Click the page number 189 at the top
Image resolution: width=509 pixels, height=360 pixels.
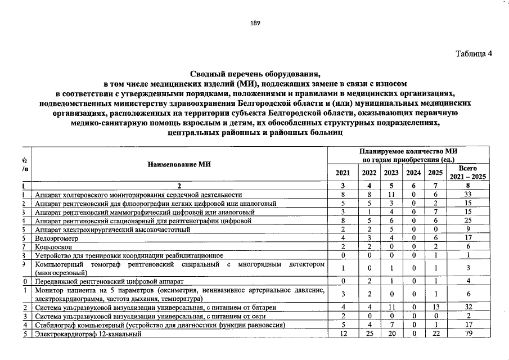254,23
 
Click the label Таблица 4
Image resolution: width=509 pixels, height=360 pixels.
473,54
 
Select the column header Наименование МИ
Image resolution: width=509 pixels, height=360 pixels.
179,164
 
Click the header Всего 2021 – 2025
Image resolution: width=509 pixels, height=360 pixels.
468,173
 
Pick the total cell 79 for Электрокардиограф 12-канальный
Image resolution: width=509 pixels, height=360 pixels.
468,334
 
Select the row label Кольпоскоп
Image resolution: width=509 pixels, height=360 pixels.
52,247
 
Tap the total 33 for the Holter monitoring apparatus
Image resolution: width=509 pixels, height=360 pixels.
468,194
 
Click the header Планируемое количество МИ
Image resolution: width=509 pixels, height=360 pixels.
408,152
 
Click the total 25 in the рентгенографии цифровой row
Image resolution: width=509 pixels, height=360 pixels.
468,221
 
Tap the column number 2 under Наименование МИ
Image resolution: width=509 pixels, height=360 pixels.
179,185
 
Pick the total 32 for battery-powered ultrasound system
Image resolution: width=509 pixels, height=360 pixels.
468,308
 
